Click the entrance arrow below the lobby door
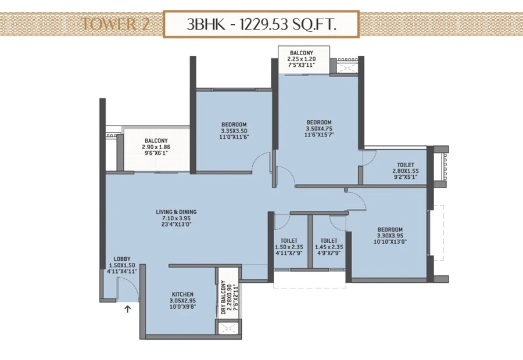click(127, 309)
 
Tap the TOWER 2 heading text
click(116, 24)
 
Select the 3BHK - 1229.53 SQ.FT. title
click(261, 24)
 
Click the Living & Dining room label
click(177, 218)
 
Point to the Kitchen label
click(182, 300)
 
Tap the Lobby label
click(122, 265)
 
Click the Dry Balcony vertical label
click(230, 297)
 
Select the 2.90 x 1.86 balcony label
click(156, 147)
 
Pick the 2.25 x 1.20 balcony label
click(302, 59)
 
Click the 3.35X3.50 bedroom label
click(234, 131)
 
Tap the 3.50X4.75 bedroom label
click(319, 129)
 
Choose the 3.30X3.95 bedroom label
click(391, 236)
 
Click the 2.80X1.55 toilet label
click(406, 171)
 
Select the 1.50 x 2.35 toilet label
click(289, 247)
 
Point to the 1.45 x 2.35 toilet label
click(329, 247)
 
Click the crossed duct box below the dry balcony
click(229, 327)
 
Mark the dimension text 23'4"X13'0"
click(177, 224)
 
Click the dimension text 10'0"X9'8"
click(182, 307)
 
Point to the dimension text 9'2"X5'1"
click(406, 177)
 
